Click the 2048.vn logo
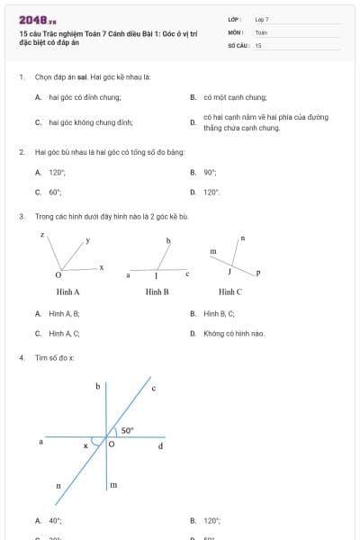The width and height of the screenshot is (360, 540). point(37,19)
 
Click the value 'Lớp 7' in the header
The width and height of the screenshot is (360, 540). point(262,19)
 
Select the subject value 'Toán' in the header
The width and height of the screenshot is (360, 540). point(261,31)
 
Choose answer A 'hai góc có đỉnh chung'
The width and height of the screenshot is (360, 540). point(85,96)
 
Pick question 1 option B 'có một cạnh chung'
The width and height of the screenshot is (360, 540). point(235,96)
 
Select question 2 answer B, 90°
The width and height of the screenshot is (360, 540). point(210,172)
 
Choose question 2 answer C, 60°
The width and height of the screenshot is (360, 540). point(55,192)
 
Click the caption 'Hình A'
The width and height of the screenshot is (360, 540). point(68,292)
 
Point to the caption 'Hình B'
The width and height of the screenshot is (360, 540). point(157,292)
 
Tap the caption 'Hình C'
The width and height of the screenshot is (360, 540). point(230,292)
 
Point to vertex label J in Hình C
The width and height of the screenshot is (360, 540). point(230,270)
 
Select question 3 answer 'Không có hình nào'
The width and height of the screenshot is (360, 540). point(234,333)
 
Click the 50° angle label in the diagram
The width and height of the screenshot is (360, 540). point(128,430)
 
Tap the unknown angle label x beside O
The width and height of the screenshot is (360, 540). point(86,445)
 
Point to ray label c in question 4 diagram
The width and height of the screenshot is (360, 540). point(153,389)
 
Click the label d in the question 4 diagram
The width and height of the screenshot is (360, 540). point(161,445)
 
